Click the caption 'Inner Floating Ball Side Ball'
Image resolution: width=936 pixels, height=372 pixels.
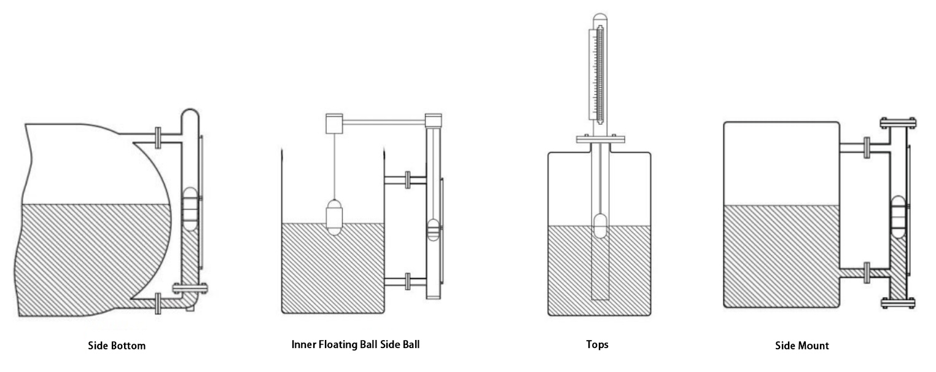tap(355, 344)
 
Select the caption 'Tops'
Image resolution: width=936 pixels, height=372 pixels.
tap(597, 344)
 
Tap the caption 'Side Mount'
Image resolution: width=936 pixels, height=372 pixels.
tap(801, 346)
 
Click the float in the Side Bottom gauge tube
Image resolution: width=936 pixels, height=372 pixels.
tap(190, 208)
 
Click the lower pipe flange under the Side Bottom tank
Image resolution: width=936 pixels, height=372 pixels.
tap(159, 303)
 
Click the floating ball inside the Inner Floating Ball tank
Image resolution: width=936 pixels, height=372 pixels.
tap(335, 218)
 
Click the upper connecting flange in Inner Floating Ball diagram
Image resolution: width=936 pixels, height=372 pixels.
tap(407, 180)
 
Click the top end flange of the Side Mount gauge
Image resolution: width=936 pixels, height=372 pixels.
tap(898, 122)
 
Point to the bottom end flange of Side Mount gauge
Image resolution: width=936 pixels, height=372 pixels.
tap(898, 302)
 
